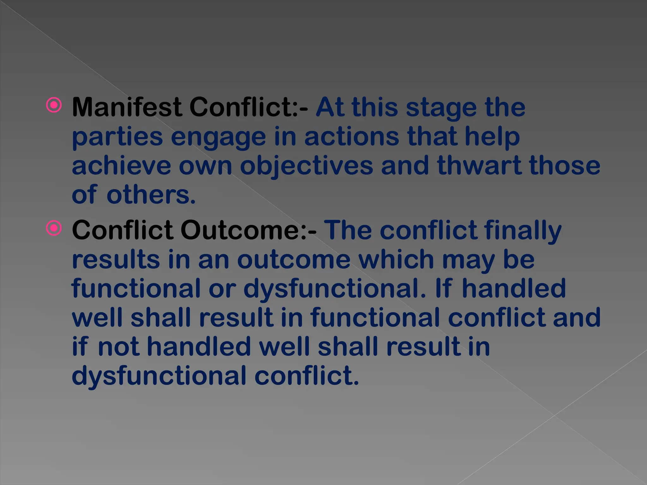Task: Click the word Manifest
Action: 127,107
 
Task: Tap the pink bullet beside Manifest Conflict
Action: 54,105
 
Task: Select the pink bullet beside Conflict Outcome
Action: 54,228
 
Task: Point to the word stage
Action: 441,108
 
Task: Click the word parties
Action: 117,137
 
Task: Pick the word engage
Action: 218,137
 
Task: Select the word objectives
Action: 306,166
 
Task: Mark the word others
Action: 151,195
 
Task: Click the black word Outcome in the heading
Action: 248,230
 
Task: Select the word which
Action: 396,260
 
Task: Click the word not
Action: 119,347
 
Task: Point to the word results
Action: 116,260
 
